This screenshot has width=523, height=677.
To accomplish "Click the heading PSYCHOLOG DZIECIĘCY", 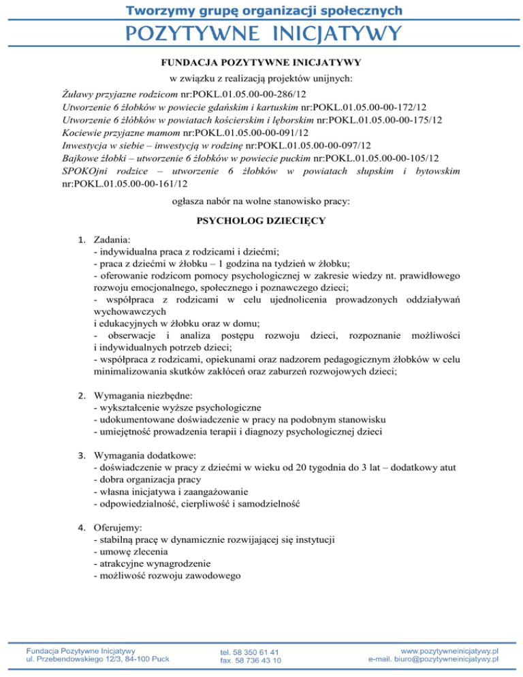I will [261, 221].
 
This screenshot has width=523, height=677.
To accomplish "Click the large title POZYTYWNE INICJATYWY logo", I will [261, 32].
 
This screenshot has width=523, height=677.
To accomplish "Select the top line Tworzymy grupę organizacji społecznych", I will [261, 10].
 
